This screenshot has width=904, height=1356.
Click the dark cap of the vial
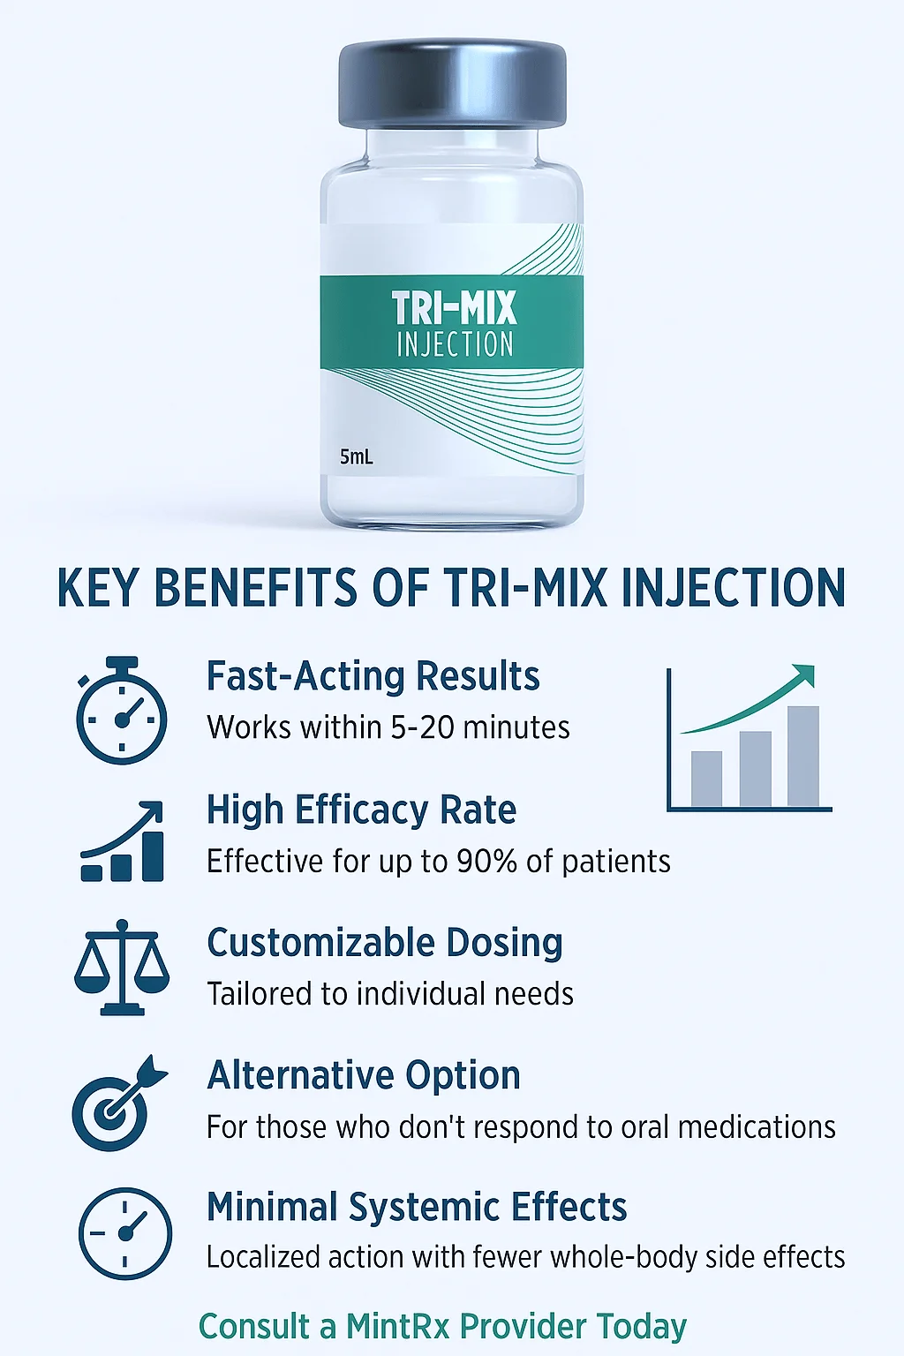(x=452, y=85)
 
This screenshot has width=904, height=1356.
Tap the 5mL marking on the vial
(x=356, y=457)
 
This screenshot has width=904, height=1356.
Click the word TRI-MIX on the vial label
(x=454, y=308)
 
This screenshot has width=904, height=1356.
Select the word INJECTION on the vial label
(x=455, y=343)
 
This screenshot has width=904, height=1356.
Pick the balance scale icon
(x=122, y=967)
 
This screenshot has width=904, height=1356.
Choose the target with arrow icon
(x=120, y=1103)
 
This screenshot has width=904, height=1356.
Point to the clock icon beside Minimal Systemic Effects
(x=124, y=1233)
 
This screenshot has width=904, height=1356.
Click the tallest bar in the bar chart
(x=802, y=756)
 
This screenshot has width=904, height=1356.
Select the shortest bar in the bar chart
(x=706, y=779)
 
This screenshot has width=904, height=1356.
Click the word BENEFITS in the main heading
(x=255, y=587)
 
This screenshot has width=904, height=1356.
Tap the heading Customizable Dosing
(x=385, y=943)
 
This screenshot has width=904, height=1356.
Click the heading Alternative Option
(x=364, y=1075)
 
